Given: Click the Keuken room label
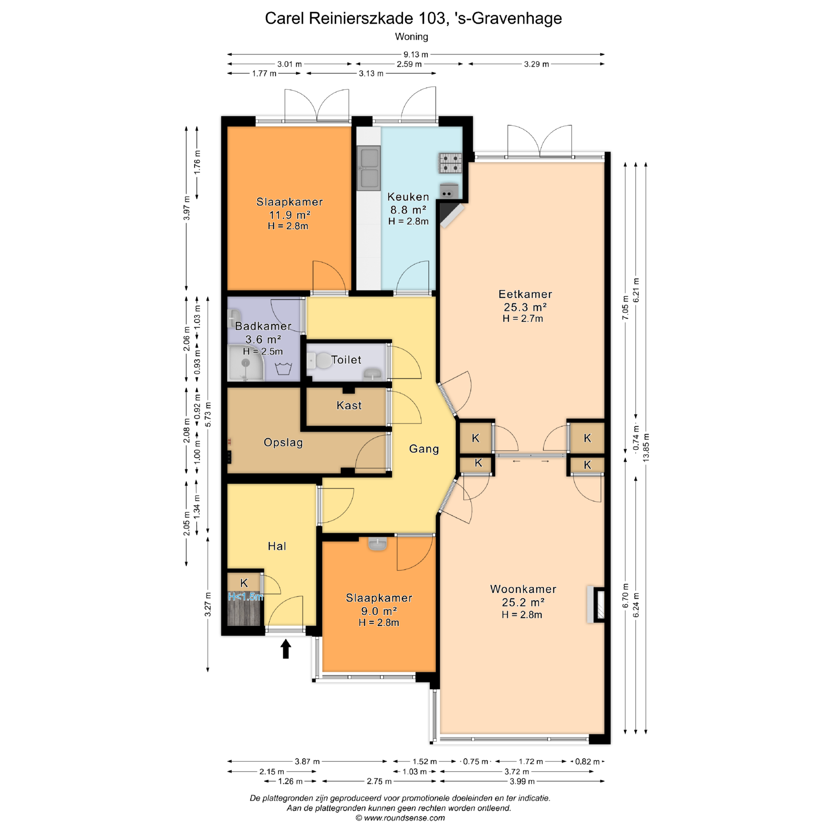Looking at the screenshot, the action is (408, 197).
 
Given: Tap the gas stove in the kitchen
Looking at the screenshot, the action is (451, 163).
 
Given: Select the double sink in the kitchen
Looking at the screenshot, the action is (369, 168).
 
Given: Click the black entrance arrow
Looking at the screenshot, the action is (286, 649).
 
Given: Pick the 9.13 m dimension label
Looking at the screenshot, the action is (416, 55).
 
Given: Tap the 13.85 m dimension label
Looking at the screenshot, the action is (646, 447).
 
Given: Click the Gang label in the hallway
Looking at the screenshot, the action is (424, 449).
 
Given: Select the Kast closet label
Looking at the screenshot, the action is (349, 405).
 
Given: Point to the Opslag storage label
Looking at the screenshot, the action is (283, 442).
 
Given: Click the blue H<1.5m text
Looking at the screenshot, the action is (245, 597).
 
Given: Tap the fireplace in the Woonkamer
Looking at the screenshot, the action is (596, 604).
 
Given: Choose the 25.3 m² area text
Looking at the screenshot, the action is (525, 307).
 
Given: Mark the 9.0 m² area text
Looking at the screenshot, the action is (378, 611).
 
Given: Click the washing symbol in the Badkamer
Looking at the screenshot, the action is (283, 369).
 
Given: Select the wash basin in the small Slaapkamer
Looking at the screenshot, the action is (378, 544).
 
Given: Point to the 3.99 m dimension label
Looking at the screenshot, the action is (522, 781).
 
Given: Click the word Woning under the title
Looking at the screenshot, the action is (411, 37).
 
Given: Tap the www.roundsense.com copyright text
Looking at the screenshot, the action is (400, 818).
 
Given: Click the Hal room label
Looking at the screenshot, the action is (277, 546).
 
